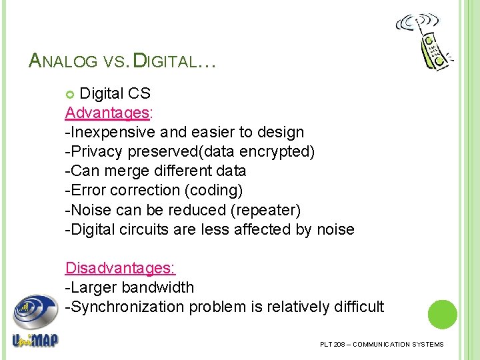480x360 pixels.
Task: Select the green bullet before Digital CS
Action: pyautogui.click(x=71, y=93)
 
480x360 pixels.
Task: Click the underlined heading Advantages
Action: pyautogui.click(x=95, y=113)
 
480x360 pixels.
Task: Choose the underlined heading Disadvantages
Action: pyautogui.click(x=120, y=268)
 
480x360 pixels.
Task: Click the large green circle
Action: pyautogui.click(x=442, y=315)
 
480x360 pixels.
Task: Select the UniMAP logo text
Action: pyautogui.click(x=35, y=340)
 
